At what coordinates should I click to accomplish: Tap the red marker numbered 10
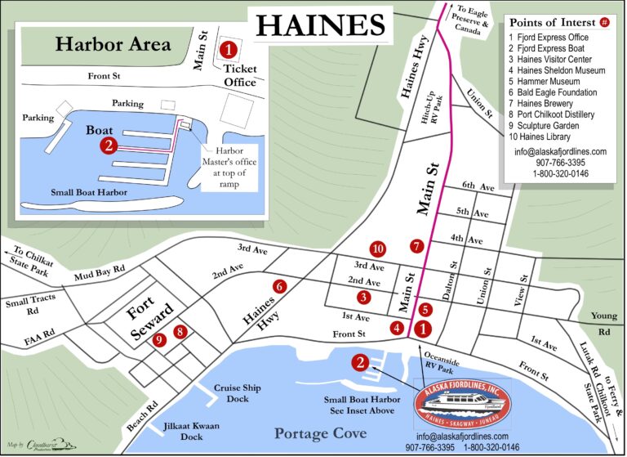[x=376, y=249]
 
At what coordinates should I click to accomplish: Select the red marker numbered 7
[x=417, y=245]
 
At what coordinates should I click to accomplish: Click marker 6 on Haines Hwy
[x=279, y=287]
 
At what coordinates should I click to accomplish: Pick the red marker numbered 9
[x=160, y=339]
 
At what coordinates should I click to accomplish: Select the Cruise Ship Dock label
[x=238, y=393]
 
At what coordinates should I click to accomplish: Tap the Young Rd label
[x=604, y=324]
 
